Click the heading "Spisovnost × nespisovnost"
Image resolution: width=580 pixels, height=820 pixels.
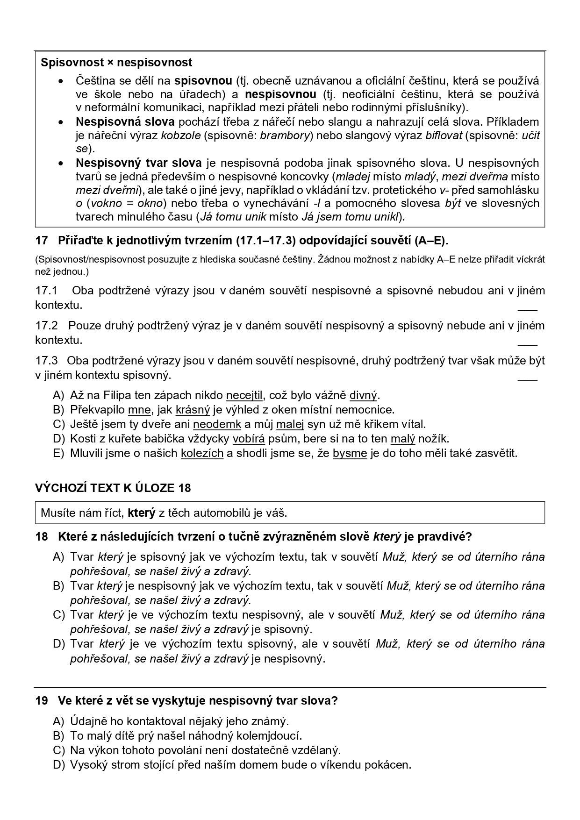point(116,62)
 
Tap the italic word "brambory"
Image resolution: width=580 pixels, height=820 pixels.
point(285,135)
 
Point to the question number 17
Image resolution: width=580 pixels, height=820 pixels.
point(42,241)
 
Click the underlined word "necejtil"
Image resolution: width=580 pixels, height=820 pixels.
point(244,395)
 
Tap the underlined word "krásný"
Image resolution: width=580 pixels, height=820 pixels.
point(193,410)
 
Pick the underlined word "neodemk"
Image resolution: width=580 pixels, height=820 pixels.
point(217,424)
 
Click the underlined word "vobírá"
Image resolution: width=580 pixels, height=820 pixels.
point(249,439)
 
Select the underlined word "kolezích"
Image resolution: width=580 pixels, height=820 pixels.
point(202,453)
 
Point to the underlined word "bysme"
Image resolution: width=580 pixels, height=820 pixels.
point(350,453)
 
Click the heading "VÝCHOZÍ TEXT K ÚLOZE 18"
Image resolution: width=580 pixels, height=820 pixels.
point(113,488)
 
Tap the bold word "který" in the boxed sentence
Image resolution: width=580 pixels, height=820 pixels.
point(141,513)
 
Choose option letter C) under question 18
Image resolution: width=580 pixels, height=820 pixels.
point(58,615)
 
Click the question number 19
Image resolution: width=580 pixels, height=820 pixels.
point(42,701)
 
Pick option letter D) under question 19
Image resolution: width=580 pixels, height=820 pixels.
point(58,765)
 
